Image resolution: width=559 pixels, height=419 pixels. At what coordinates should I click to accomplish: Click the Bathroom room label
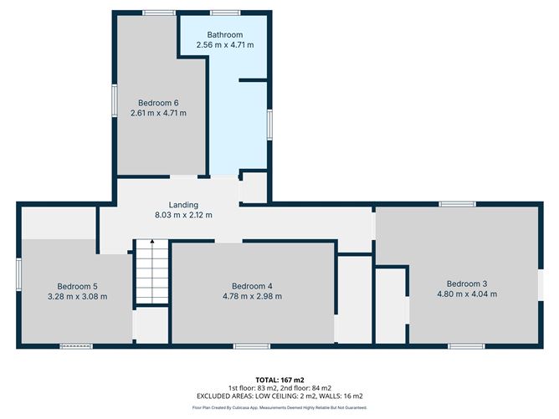point(224,34)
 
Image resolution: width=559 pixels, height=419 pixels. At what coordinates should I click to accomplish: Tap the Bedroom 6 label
point(158,103)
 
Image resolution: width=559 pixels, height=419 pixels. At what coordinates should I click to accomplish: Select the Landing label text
point(183,205)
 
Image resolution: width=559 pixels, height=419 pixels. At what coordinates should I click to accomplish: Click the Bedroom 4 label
point(253,285)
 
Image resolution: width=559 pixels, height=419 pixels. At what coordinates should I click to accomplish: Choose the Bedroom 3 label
point(466,283)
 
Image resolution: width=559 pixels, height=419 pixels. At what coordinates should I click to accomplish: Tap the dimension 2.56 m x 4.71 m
point(224,45)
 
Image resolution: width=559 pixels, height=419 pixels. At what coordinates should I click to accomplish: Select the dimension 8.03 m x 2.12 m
point(183,215)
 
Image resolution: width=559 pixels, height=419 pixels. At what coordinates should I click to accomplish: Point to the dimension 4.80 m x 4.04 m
point(466,294)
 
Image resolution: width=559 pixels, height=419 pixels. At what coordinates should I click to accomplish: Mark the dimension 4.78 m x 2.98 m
point(253,296)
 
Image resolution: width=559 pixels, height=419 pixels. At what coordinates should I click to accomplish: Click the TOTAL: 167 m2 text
point(279,380)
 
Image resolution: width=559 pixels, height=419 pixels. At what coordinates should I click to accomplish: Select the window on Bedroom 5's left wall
point(18,275)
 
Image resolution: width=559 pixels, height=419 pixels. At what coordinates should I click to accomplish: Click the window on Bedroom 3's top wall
point(458,203)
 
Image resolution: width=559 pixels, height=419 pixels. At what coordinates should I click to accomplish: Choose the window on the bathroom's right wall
point(269,123)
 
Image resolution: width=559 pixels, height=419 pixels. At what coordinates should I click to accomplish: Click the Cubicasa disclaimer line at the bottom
point(279,407)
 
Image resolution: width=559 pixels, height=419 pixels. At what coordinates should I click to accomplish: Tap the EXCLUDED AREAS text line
point(279,396)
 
